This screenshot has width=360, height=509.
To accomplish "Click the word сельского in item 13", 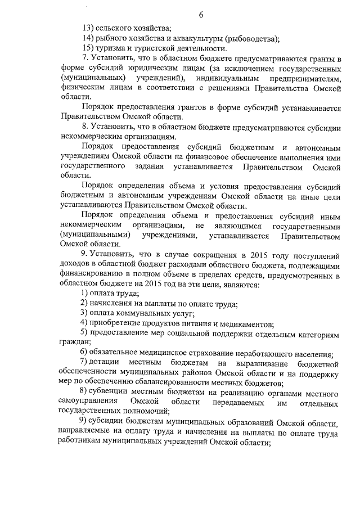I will (x=112, y=28).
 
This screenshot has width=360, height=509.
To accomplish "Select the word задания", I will (x=150, y=167).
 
